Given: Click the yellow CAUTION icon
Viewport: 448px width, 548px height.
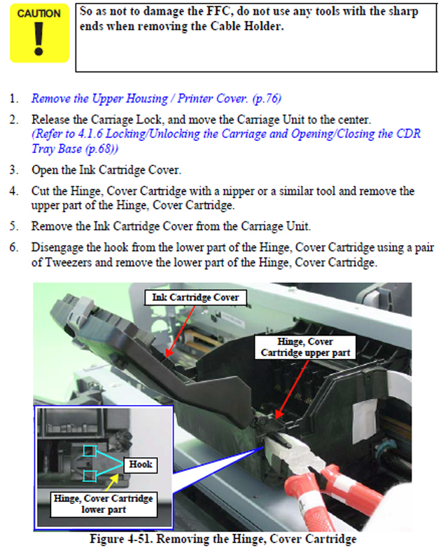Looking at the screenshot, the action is (39, 33).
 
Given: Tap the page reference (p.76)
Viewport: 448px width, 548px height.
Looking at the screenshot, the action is (267, 99).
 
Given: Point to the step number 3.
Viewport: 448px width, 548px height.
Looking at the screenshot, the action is (13, 170).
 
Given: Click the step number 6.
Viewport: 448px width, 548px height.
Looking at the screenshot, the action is (13, 247).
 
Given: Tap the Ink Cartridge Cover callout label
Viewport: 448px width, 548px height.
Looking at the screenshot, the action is (195, 297).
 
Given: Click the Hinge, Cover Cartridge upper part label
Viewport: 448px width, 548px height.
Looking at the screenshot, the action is (305, 347).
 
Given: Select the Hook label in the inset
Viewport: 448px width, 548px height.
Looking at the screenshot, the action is (141, 465).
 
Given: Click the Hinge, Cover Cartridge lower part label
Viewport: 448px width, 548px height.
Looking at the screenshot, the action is (104, 504).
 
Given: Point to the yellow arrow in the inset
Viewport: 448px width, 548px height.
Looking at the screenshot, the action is (111, 483).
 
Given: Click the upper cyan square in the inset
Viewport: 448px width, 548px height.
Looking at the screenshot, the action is (90, 451).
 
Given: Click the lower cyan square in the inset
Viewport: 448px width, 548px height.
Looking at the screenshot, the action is (90, 476).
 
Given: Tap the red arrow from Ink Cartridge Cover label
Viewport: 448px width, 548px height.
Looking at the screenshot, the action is (181, 331).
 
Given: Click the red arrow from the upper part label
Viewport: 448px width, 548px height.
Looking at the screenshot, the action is (292, 389).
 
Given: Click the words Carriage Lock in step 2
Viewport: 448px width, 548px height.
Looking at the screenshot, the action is (127, 120).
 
